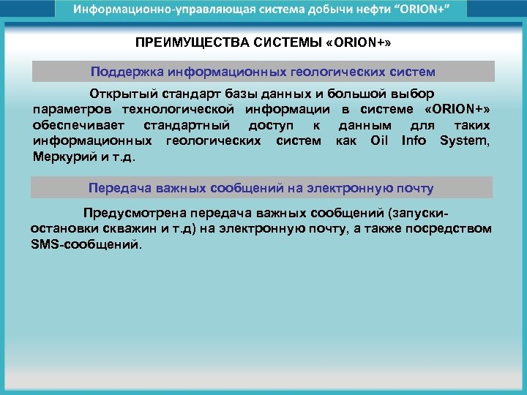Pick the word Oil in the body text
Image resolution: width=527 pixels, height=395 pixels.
coord(379,140)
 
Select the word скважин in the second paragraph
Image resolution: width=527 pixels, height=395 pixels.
coord(115,229)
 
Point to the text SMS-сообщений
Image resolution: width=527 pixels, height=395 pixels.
coord(85,244)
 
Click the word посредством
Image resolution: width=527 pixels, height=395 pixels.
coord(455,229)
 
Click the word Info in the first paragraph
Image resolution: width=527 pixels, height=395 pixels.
coord(414,140)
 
